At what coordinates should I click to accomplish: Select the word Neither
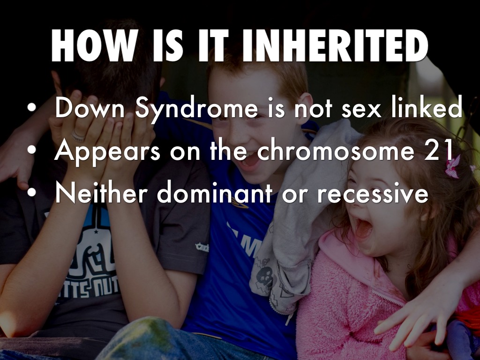(x=100, y=193)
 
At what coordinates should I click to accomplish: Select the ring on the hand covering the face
(x=78, y=136)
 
